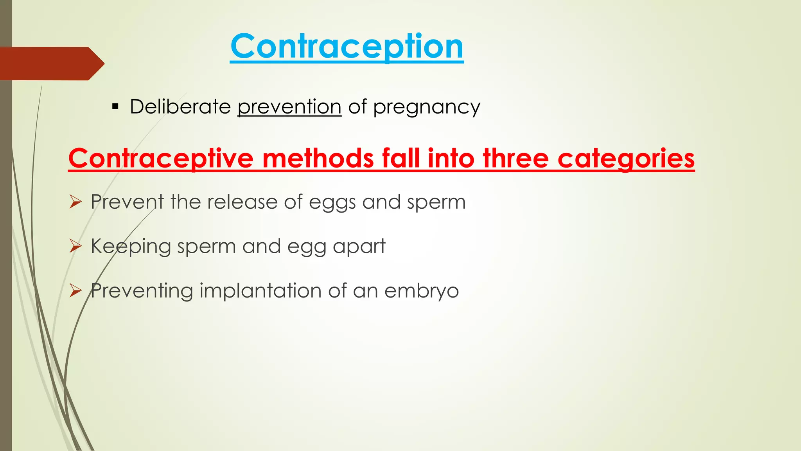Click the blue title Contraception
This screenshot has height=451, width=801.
(x=347, y=47)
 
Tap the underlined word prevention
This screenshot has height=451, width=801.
(x=289, y=107)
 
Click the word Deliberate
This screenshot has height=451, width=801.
(x=180, y=106)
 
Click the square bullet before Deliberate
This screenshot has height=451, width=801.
(x=115, y=106)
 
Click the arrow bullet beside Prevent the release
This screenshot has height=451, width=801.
(x=75, y=202)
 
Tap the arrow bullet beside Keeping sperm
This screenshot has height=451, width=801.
(x=75, y=246)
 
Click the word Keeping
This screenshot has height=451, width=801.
(x=131, y=247)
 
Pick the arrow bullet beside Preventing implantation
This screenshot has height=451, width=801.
(x=75, y=290)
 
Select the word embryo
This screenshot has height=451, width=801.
(x=421, y=291)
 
